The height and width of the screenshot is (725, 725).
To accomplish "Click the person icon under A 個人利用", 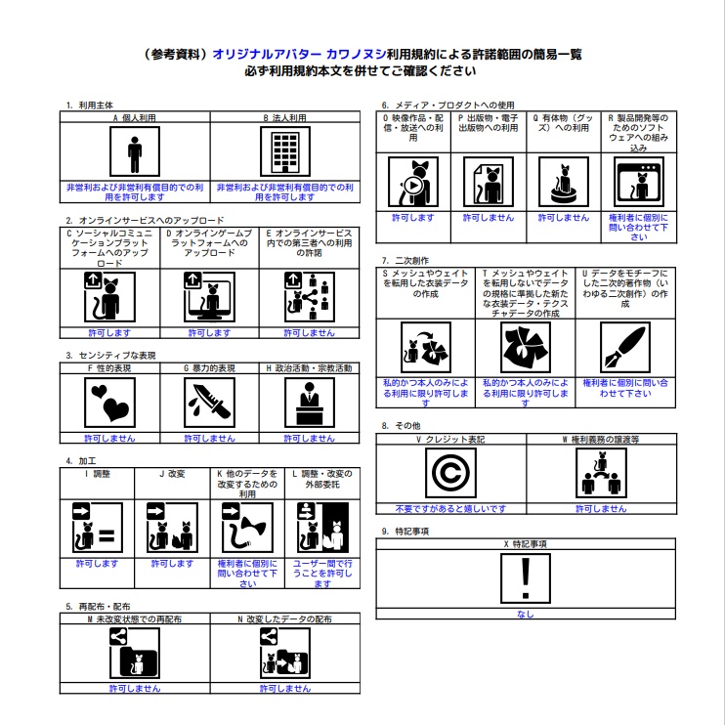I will (135, 153).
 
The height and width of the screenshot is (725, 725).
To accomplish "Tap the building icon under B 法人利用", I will (285, 153).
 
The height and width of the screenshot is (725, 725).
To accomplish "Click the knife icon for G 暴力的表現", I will (209, 402).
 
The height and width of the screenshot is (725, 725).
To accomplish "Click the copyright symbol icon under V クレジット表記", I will (450, 474).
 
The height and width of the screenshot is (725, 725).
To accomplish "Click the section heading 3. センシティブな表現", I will (110, 356).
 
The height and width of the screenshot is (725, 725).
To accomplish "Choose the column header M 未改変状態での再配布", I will (135, 619).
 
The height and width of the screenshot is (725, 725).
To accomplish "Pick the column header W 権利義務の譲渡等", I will (601, 439).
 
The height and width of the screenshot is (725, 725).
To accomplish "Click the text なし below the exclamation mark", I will (526, 615).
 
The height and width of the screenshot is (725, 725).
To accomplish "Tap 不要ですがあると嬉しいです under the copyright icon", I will (450, 509).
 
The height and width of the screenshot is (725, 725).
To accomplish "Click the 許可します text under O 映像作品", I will (412, 218).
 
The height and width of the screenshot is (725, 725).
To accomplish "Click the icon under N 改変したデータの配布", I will (285, 652).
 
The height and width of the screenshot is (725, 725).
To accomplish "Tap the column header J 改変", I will (171, 474).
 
